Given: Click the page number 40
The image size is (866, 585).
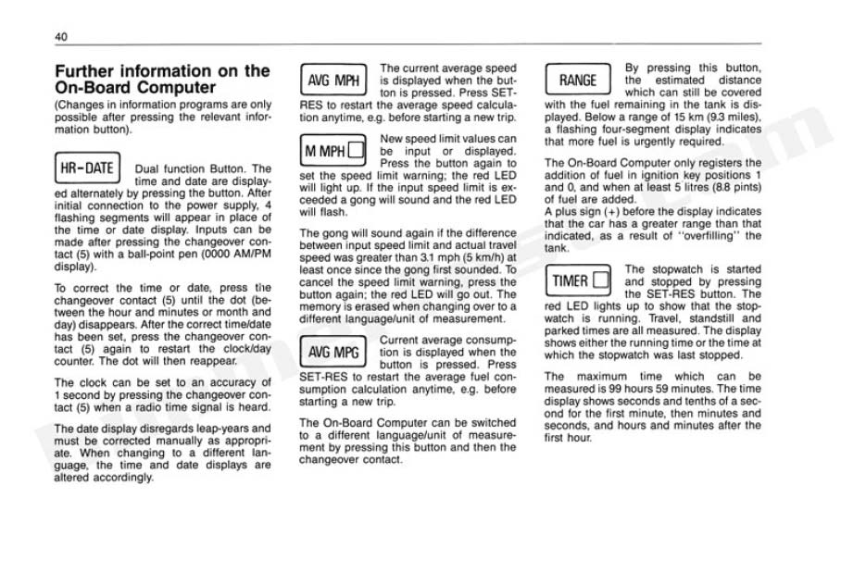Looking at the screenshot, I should (60, 36).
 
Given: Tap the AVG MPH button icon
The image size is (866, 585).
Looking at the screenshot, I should (333, 81).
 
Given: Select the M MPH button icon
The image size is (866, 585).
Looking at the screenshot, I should (333, 150).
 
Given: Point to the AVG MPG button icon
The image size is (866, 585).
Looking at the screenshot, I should (333, 352).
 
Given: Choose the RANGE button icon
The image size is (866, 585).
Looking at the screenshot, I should (578, 81).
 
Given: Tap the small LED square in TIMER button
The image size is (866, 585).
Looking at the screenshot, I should (600, 280).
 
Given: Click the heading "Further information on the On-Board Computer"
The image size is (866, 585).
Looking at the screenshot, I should (162, 79).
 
